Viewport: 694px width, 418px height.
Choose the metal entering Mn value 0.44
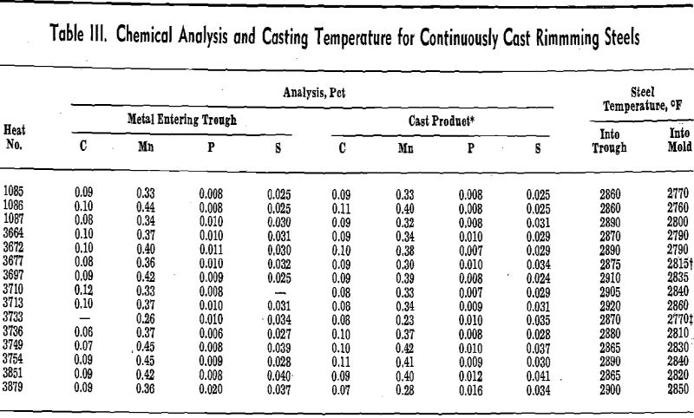(146, 198)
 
